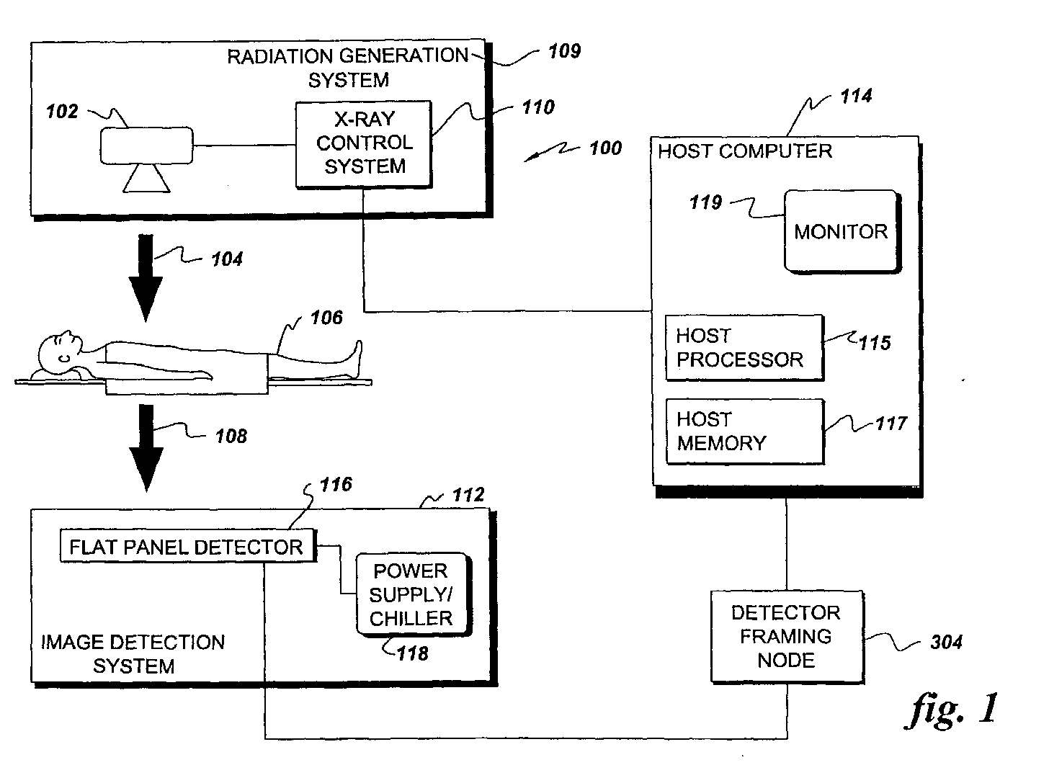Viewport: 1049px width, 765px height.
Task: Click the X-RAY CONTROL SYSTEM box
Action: click(x=364, y=144)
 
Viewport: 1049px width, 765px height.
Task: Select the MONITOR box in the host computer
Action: click(x=842, y=231)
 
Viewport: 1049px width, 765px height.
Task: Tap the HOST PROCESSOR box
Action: click(x=745, y=348)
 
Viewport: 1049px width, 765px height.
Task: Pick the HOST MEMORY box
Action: click(x=745, y=431)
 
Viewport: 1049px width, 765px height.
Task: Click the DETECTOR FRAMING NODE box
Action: click(x=787, y=637)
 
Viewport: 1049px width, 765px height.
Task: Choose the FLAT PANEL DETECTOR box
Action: click(x=188, y=546)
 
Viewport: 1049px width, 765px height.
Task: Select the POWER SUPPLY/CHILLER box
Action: click(x=414, y=594)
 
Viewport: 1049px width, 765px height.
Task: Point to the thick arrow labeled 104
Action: click(x=146, y=277)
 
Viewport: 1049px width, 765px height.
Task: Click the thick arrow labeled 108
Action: click(x=146, y=447)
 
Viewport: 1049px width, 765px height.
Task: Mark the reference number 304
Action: click(x=946, y=642)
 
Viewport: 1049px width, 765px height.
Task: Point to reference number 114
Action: click(x=856, y=96)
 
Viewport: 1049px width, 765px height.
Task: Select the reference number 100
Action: click(x=605, y=148)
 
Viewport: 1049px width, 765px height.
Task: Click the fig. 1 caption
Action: click(x=952, y=709)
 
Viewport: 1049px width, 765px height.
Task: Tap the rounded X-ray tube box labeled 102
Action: click(x=146, y=146)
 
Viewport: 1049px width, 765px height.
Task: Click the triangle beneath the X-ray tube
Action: click(x=146, y=179)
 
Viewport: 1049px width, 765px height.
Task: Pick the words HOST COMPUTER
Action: click(x=745, y=151)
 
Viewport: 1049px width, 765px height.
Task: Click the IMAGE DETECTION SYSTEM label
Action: click(x=133, y=653)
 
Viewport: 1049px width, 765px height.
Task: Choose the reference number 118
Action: click(x=412, y=653)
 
